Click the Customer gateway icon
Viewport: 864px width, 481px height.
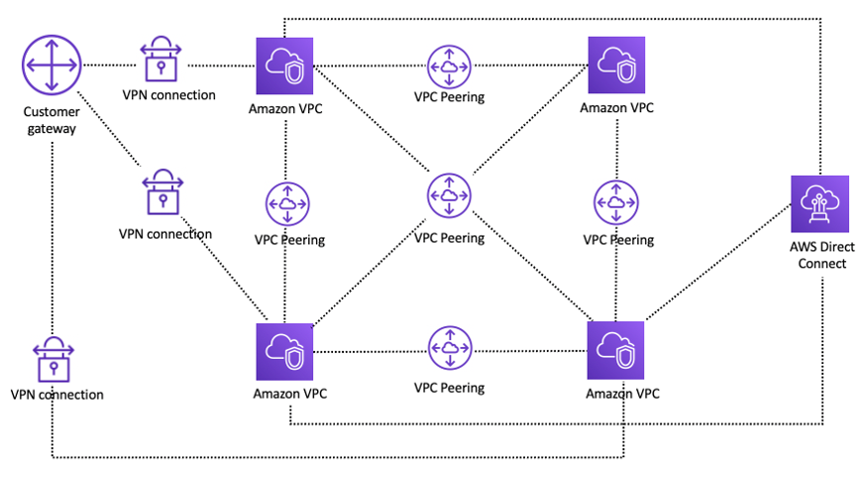[51, 65]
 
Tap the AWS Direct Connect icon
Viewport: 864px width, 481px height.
[820, 203]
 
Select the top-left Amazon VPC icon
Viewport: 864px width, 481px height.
[285, 66]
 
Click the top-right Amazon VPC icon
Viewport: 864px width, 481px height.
[616, 65]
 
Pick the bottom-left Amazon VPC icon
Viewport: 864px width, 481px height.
[285, 351]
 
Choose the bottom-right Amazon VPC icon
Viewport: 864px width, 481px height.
[615, 350]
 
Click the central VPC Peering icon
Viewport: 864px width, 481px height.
[450, 195]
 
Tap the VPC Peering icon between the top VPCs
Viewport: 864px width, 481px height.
[450, 65]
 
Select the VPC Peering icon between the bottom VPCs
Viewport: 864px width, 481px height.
[450, 349]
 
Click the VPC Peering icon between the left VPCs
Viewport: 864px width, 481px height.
[287, 203]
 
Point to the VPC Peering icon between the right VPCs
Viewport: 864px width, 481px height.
[617, 202]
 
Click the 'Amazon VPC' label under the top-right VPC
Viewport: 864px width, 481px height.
[617, 106]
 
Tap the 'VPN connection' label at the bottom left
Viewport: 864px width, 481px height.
[56, 395]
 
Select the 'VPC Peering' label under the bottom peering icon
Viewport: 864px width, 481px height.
[449, 388]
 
